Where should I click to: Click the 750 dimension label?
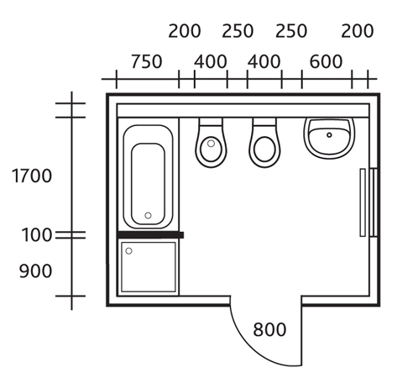tap(147, 61)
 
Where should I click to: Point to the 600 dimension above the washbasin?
tap(326, 61)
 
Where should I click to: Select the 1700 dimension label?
tap(32, 176)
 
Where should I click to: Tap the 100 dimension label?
tap(37, 234)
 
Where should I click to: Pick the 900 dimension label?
tap(36, 271)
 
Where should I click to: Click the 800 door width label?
tap(269, 329)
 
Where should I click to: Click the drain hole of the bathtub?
tap(148, 215)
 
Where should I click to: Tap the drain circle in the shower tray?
tap(128, 251)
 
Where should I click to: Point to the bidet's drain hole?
tap(211, 144)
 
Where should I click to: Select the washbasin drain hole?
tap(329, 135)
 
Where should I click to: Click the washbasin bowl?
tap(329, 139)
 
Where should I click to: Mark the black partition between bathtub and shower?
tap(150, 234)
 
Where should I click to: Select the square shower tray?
tap(149, 267)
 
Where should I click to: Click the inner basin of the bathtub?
tap(148, 184)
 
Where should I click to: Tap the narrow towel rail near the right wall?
tap(363, 202)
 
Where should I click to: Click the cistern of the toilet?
tap(264, 122)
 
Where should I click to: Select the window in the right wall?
tap(374, 202)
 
